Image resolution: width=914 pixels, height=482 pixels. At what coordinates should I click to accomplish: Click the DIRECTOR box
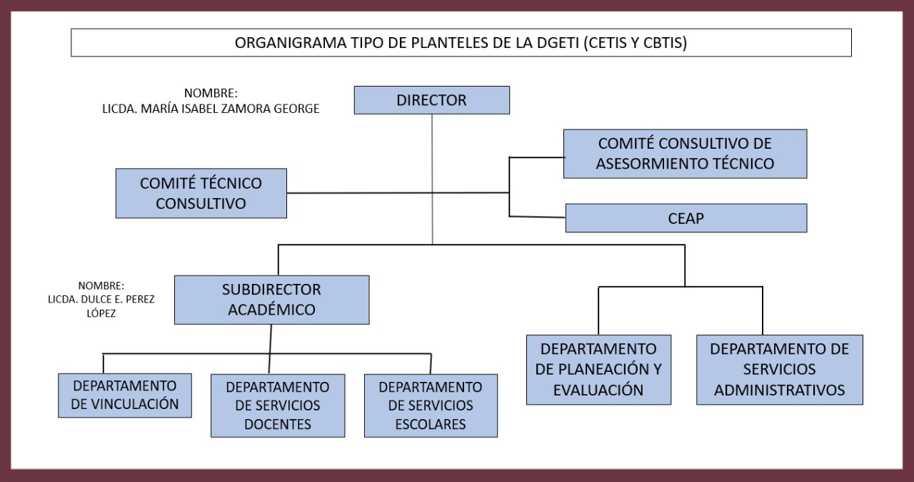pyautogui.click(x=431, y=100)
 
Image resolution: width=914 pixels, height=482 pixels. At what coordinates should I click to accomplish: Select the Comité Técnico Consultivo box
pyautogui.click(x=201, y=193)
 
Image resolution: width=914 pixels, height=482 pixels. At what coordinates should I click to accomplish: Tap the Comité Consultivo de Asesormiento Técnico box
pyautogui.click(x=685, y=153)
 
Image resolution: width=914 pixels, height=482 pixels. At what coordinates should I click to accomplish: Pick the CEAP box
pyautogui.click(x=685, y=218)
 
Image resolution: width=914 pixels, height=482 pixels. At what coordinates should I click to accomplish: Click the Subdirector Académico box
pyautogui.click(x=271, y=300)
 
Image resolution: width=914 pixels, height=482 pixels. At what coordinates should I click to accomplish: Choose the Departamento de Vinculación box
pyautogui.click(x=125, y=395)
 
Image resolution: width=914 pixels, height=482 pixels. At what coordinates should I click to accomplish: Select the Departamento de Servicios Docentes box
pyautogui.click(x=278, y=405)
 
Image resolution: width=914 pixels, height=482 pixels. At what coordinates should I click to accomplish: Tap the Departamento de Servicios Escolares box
pyautogui.click(x=430, y=405)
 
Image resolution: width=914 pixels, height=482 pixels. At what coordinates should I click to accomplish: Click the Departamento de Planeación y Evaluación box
pyautogui.click(x=598, y=369)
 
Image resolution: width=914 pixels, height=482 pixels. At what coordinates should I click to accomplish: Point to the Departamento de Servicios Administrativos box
pyautogui.click(x=779, y=369)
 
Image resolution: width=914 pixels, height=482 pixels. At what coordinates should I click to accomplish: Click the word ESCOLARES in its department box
pyautogui.click(x=430, y=424)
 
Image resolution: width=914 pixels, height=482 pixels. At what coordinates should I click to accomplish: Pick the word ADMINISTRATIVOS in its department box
pyautogui.click(x=780, y=390)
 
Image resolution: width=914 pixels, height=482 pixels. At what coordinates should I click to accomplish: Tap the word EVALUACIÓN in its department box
pyautogui.click(x=599, y=390)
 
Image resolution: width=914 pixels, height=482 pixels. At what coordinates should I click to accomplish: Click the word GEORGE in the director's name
pyautogui.click(x=294, y=109)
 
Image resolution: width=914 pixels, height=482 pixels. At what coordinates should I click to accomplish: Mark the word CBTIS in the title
pyautogui.click(x=661, y=43)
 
